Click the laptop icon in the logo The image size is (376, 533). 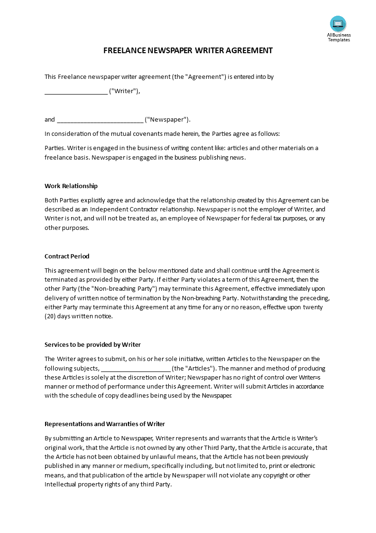point(338,24)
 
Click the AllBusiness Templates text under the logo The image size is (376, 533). point(339,37)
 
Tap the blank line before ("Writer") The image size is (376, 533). point(76,92)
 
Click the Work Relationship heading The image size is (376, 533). point(71,186)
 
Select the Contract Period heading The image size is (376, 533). point(67,256)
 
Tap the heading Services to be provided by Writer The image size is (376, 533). point(92,344)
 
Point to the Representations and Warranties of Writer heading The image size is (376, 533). point(105,424)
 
